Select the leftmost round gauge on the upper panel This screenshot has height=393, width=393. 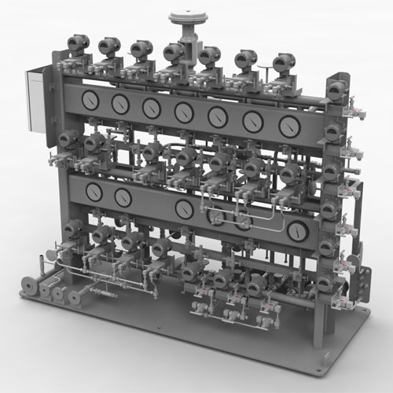[91, 100]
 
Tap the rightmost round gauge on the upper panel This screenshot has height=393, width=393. [289, 124]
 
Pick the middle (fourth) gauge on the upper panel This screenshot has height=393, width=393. [184, 112]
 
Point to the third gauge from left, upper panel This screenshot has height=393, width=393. [151, 107]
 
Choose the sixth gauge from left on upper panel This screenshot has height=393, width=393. [254, 120]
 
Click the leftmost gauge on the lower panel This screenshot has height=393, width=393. [94, 192]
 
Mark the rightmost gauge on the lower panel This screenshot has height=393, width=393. [298, 231]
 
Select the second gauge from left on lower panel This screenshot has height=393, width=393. [123, 196]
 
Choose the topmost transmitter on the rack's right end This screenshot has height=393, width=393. [336, 90]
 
